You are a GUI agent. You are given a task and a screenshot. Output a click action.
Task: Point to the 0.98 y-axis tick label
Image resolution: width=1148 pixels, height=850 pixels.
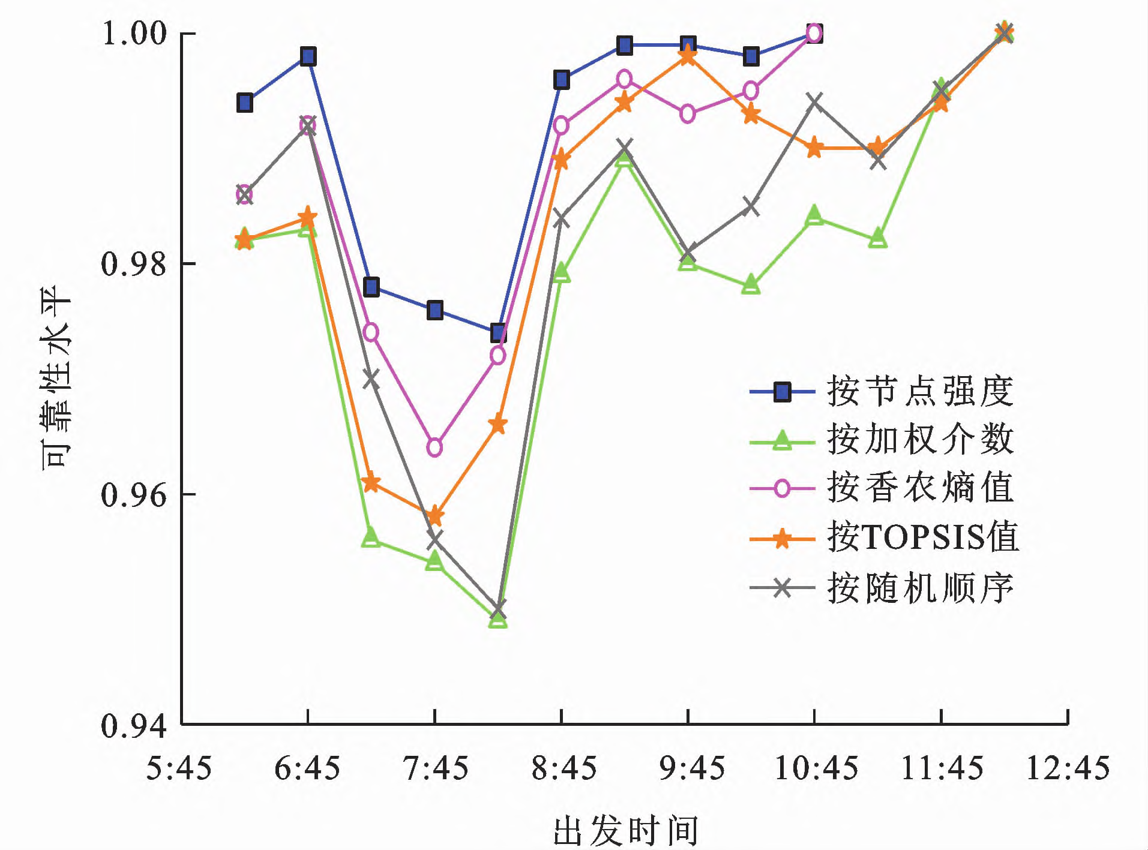click(133, 264)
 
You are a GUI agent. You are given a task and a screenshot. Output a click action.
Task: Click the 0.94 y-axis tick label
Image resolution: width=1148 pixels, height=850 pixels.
click(133, 726)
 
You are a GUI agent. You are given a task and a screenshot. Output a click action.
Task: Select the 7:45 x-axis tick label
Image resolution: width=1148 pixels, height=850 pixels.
click(435, 768)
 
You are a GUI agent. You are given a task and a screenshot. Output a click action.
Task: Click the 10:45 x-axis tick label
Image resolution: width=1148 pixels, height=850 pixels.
click(816, 768)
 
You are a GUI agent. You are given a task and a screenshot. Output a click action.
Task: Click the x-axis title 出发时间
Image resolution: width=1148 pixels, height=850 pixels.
click(625, 830)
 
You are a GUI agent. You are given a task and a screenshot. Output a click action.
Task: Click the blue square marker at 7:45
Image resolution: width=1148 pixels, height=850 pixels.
click(435, 310)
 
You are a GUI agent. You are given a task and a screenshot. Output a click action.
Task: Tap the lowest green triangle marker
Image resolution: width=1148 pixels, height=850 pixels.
click(498, 618)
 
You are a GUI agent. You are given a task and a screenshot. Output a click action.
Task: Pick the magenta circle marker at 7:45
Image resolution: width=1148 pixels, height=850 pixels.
click(434, 447)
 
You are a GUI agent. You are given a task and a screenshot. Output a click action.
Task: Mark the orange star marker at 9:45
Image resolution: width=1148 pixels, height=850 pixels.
click(688, 56)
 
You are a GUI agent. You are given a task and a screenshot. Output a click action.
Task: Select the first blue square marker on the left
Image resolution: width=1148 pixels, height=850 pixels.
click(245, 103)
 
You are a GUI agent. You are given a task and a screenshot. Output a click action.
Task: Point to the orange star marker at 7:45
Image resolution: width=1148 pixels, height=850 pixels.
click(435, 516)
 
